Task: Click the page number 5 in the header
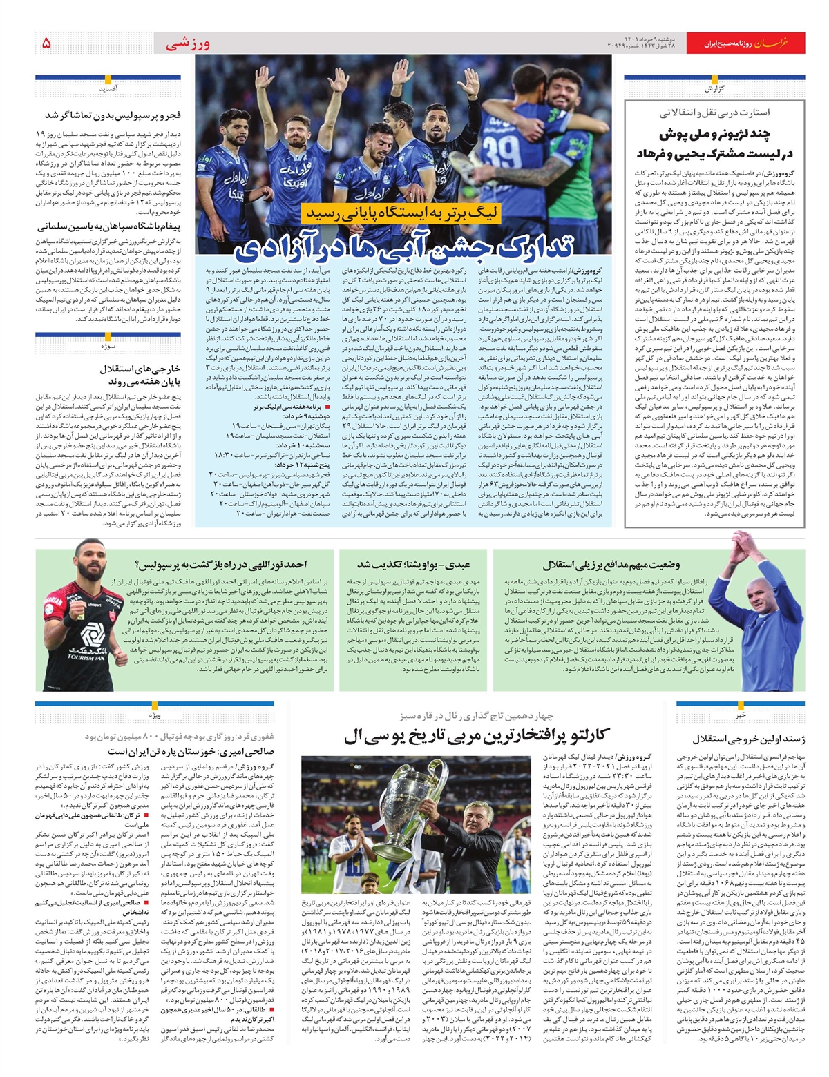point(46,43)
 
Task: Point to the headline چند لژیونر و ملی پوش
point(714,134)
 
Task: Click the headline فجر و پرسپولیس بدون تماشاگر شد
point(113,115)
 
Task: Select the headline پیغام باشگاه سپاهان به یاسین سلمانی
point(110,226)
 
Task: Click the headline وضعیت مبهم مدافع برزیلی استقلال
point(611,565)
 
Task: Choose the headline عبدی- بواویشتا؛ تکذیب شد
point(414,565)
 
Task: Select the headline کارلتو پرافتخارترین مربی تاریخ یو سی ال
point(477,737)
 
